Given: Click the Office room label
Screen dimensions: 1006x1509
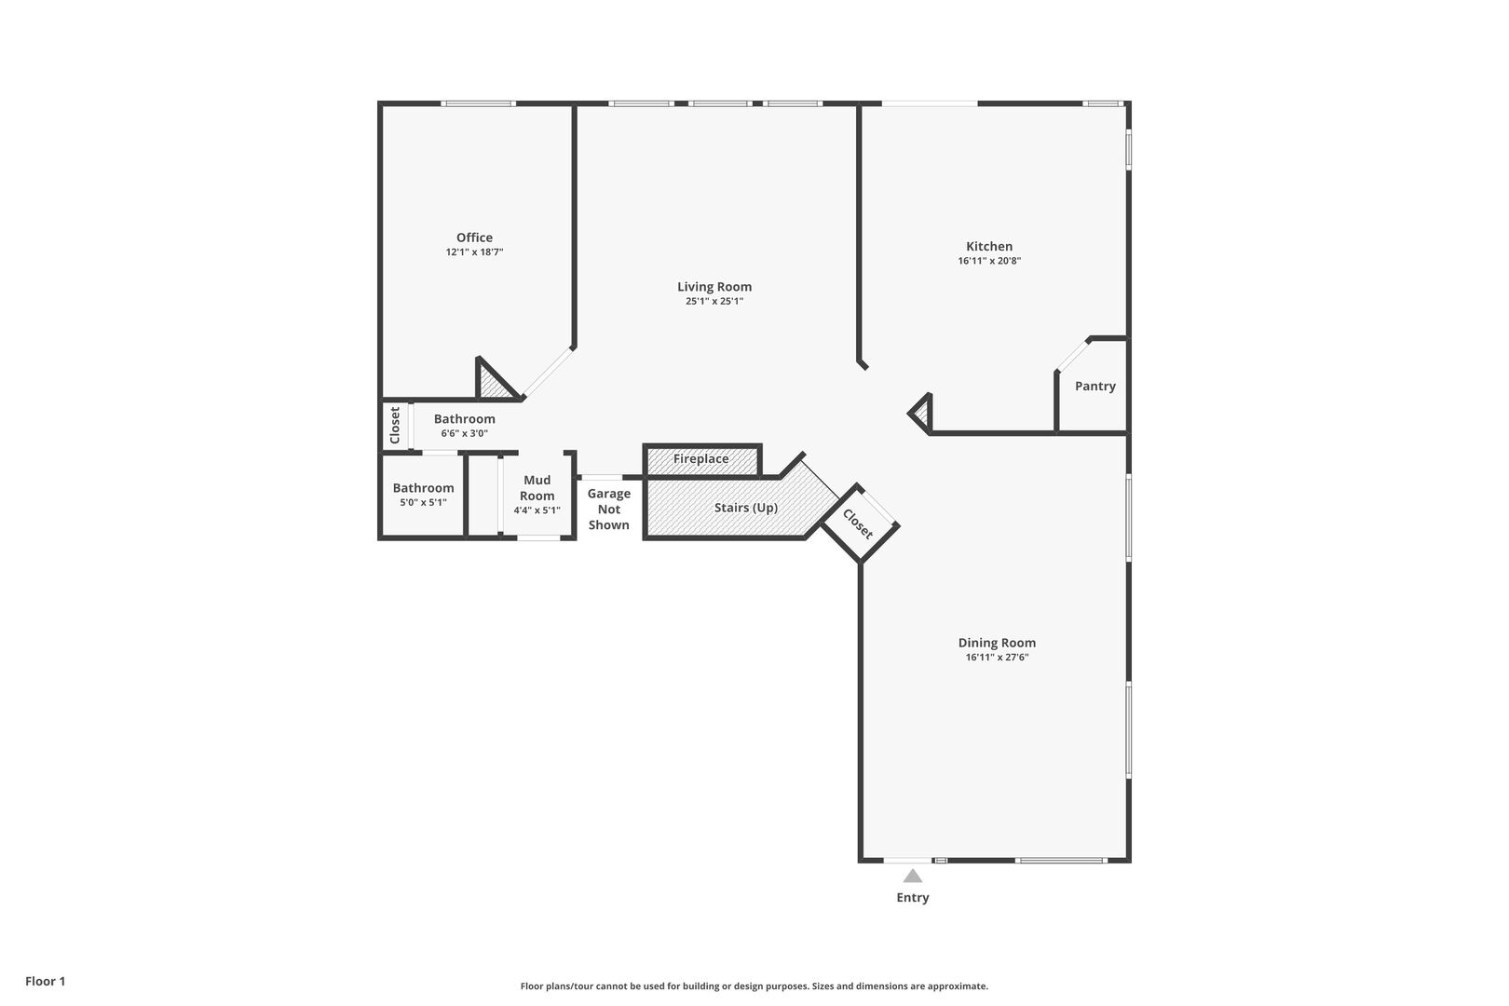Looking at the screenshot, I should point(474,238).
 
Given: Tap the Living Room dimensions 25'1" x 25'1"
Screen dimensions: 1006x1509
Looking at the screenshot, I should point(714,302).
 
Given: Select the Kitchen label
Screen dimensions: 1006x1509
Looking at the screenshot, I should point(988,247).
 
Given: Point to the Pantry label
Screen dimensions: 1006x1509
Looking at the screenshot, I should point(1094,386).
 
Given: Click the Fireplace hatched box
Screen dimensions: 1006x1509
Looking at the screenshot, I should point(701,459).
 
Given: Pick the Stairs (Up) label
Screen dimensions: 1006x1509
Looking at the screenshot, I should point(745,508).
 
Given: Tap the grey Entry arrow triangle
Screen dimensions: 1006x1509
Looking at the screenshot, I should point(912,876).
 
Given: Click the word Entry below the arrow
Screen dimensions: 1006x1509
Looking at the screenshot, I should point(912,898).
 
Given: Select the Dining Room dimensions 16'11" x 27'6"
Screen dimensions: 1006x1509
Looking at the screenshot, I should point(997,658).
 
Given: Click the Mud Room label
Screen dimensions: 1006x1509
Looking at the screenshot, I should point(537,488).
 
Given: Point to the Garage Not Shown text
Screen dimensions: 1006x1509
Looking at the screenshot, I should point(608,510).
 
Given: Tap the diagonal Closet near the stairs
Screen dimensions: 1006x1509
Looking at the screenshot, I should point(858,523).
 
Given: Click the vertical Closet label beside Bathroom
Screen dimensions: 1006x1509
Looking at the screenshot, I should point(395,425).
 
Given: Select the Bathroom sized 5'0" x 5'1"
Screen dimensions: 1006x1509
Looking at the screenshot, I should point(423,488).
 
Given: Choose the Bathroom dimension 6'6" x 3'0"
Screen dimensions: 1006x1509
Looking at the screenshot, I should point(464,433).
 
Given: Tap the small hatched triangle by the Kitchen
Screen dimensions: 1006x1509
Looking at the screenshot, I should point(922,413).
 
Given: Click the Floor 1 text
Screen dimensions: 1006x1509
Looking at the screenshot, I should point(45,981).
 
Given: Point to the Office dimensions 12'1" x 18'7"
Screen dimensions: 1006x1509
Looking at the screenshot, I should point(474,252).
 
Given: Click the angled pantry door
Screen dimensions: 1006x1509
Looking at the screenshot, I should point(1073,354).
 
